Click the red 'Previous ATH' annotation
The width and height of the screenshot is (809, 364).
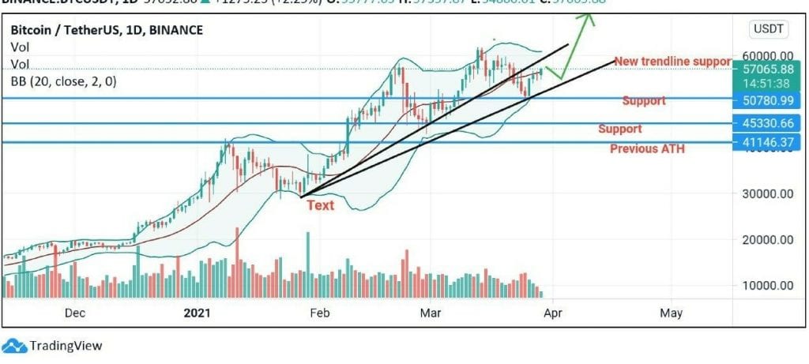tap(647, 148)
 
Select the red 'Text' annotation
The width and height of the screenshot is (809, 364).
tap(320, 205)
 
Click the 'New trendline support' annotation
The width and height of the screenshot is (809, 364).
tap(672, 62)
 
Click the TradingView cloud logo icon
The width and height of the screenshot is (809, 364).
tap(13, 346)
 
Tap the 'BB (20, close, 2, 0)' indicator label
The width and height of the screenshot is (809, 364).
tap(63, 81)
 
